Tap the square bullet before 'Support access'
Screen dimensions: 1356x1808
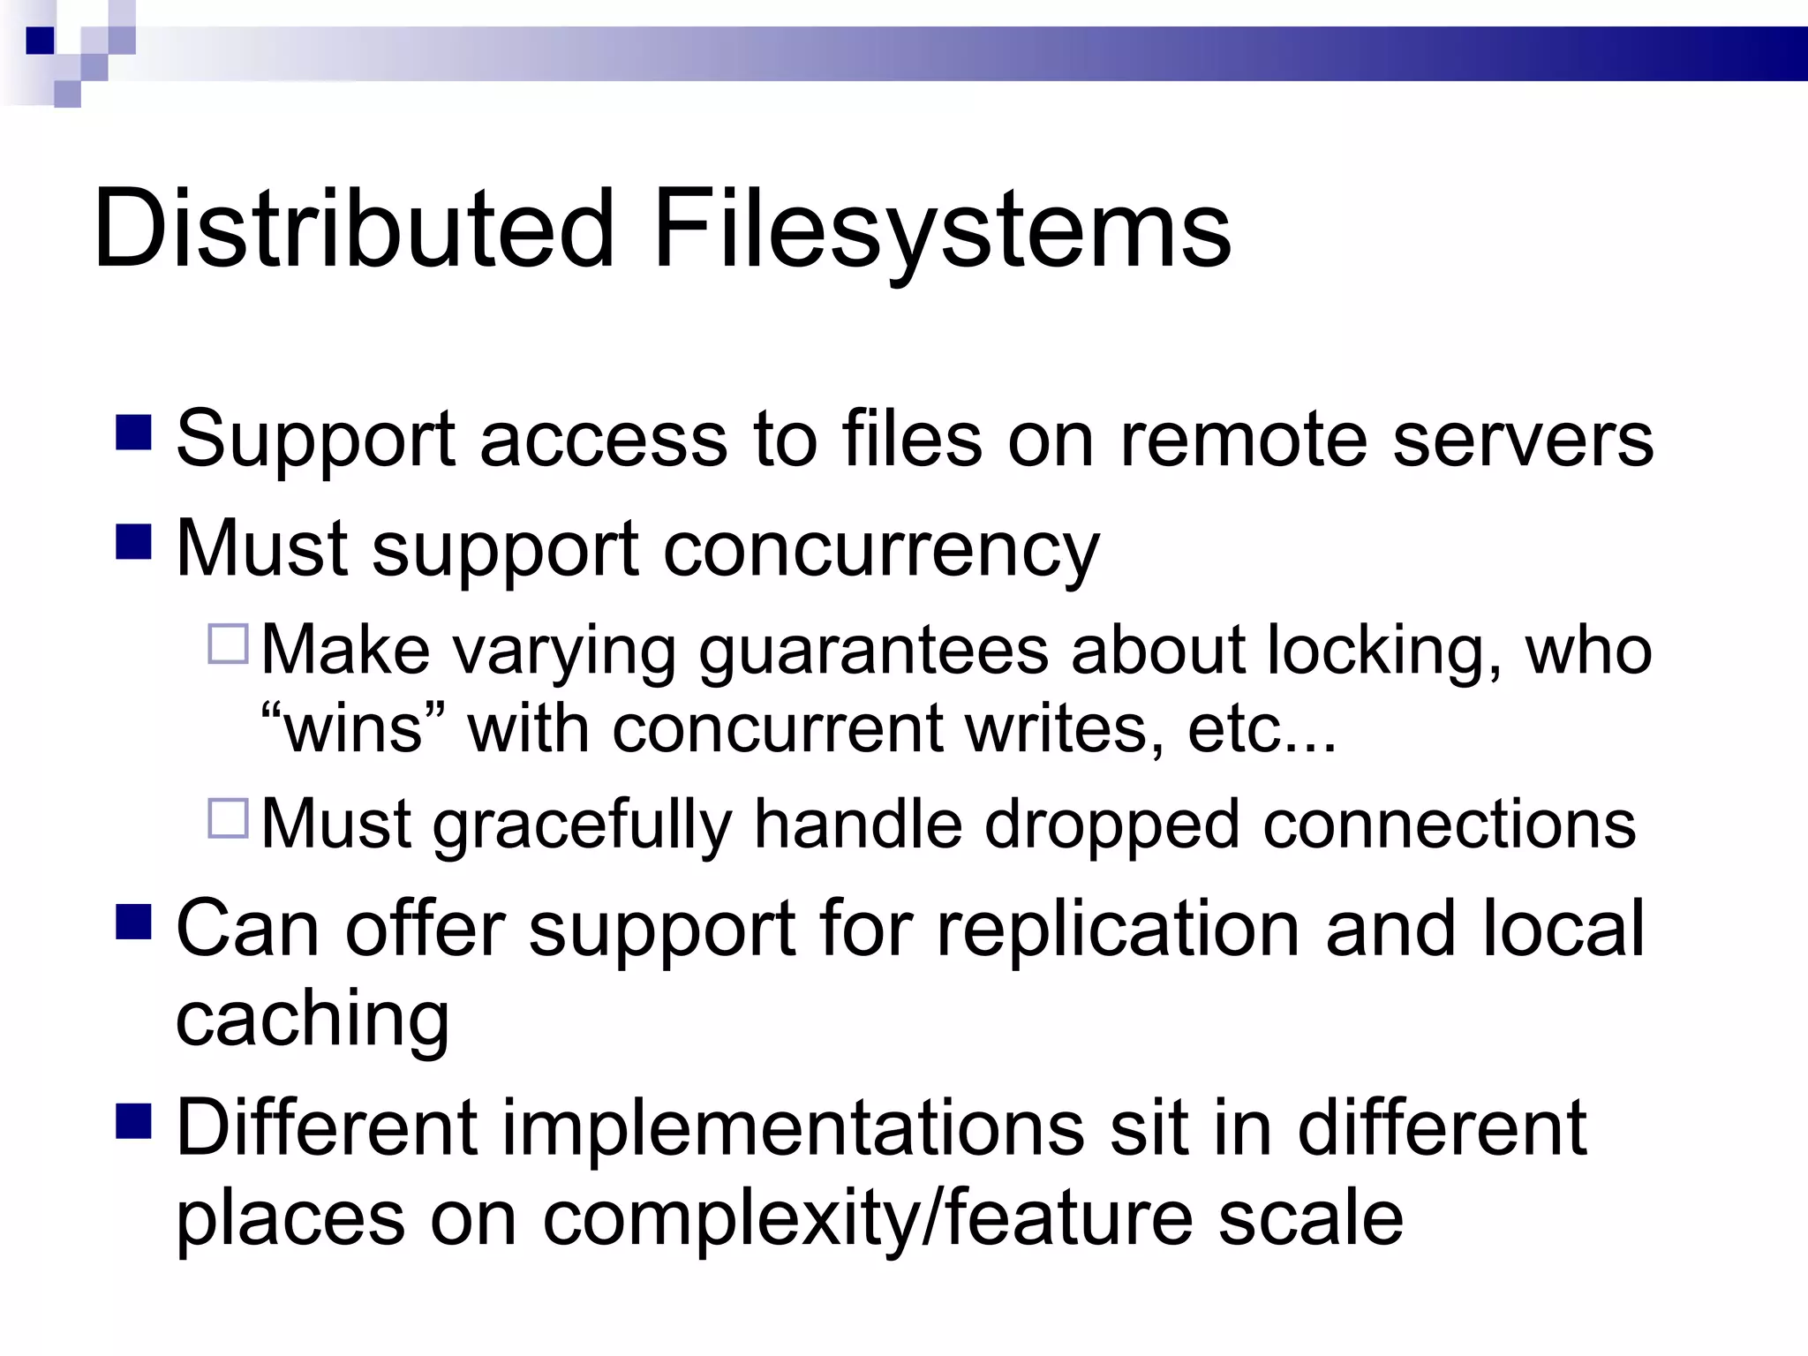[x=133, y=433]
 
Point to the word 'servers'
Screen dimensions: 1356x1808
[x=1523, y=440]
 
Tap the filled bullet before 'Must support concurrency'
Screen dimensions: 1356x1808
[x=133, y=542]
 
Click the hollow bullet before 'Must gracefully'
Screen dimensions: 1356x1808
[x=228, y=817]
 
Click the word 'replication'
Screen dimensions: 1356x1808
[x=1118, y=929]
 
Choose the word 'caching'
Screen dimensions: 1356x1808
[x=313, y=1021]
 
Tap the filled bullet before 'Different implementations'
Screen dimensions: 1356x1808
[x=133, y=1121]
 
